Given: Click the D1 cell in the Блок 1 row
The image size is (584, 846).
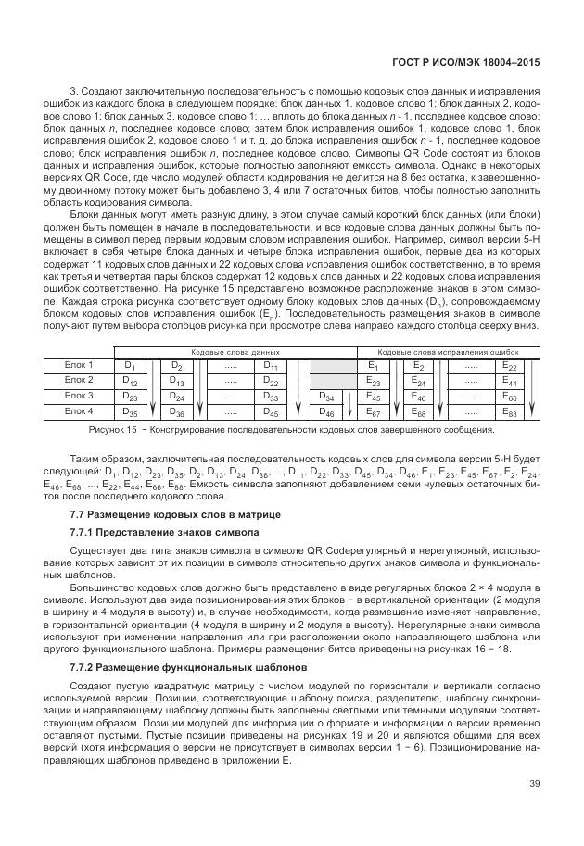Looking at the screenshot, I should coord(131,367).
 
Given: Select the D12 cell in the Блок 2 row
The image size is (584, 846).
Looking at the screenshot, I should coord(131,381).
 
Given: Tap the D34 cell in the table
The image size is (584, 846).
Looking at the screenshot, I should coord(326,396).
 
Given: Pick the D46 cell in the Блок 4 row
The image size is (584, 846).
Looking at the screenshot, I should coord(326,410).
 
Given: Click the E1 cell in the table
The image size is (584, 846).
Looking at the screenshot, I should coord(374,367).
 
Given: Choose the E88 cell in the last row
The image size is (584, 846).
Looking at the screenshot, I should coord(509,410).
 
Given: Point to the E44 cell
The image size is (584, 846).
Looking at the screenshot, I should coord(509,381).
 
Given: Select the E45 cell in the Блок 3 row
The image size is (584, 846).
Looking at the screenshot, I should coord(374,396).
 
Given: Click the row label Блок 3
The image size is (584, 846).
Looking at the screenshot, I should coord(78,396).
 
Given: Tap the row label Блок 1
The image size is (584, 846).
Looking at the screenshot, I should coord(78,366).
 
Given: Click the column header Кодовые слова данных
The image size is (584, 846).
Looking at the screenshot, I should coord(235,353).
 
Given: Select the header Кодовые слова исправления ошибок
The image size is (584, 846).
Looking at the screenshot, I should coord(450,353).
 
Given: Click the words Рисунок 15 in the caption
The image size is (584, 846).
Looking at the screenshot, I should coord(112,430).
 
